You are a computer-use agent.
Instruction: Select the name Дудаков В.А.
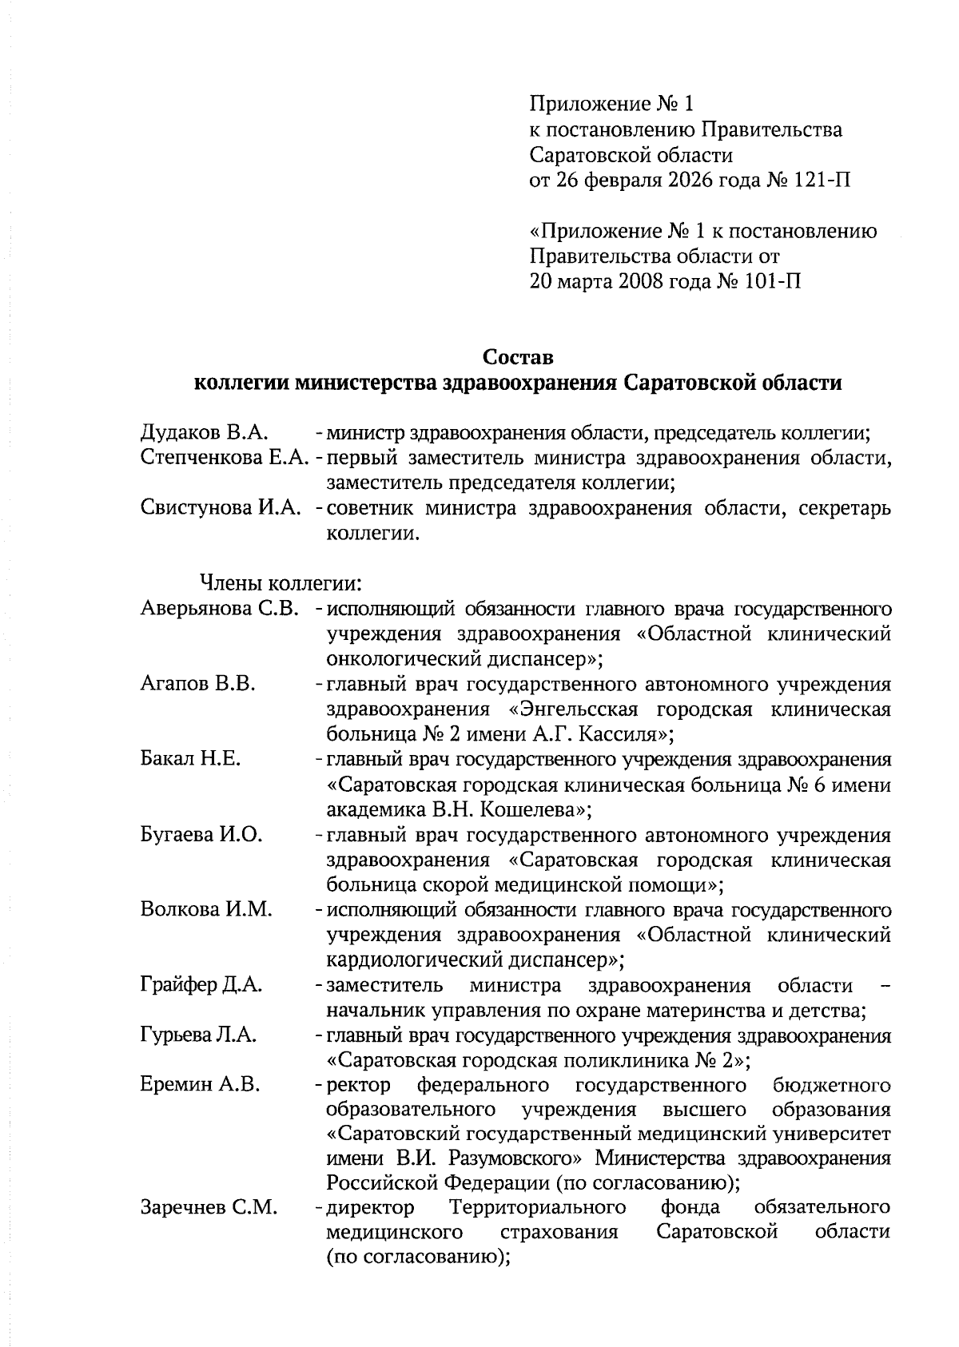pos(202,433)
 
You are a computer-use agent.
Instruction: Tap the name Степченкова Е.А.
pos(225,458)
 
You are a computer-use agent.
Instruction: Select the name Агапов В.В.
pos(197,684)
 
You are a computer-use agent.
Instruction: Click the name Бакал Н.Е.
pos(190,760)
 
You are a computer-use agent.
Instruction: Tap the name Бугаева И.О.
pos(201,835)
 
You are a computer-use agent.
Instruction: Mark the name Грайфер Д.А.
pos(201,985)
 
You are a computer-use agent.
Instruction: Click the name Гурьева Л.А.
pos(198,1035)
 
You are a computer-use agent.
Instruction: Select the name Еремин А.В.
pos(200,1086)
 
